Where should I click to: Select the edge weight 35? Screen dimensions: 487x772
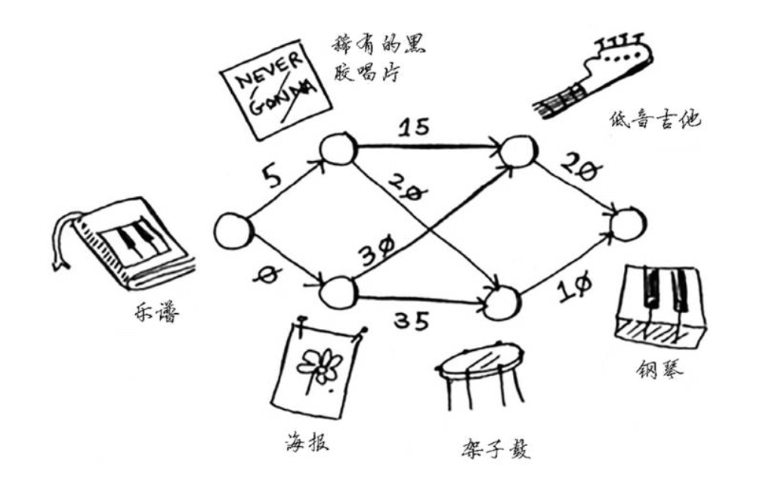tap(411, 321)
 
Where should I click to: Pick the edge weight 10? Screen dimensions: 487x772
tap(574, 286)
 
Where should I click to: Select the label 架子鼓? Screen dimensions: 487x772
tap(494, 448)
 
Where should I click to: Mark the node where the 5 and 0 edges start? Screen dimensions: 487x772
tap(233, 231)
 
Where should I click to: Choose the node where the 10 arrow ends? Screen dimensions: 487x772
tap(628, 224)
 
